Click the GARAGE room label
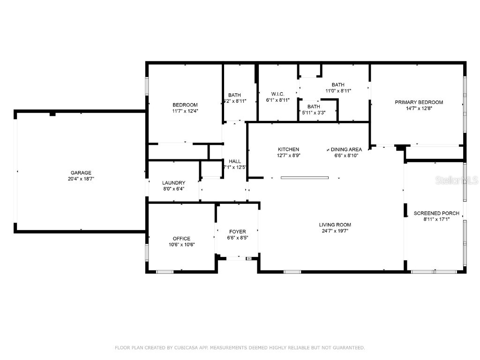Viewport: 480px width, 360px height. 81,172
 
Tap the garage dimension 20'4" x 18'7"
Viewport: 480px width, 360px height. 81,179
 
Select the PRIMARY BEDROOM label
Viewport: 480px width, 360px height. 419,102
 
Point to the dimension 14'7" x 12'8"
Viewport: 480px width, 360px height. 419,108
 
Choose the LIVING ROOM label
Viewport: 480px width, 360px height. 335,225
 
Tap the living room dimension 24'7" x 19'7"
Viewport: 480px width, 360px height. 335,231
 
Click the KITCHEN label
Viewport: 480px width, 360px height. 288,150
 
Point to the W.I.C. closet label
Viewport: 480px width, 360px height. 277,94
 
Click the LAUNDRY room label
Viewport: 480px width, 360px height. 173,183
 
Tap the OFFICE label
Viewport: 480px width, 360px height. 181,239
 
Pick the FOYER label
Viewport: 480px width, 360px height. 237,232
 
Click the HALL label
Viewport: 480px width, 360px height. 235,161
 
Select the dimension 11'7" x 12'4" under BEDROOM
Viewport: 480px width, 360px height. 185,111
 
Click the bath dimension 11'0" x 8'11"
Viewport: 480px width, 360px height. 338,91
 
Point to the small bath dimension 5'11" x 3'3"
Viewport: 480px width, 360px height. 314,112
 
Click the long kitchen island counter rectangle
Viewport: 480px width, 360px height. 305,178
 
